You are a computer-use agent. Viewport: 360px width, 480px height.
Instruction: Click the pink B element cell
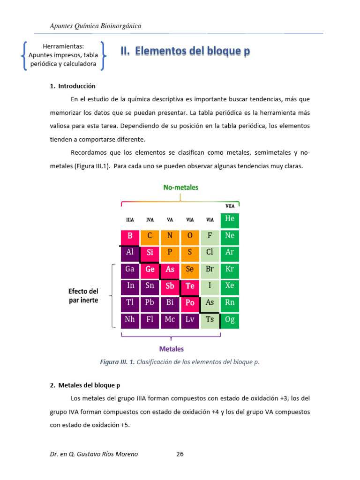click(x=130, y=236)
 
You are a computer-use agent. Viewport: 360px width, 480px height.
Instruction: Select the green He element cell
click(x=230, y=219)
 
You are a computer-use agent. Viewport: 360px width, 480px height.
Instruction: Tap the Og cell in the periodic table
click(x=230, y=320)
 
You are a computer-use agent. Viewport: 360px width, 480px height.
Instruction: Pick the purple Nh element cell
click(x=130, y=320)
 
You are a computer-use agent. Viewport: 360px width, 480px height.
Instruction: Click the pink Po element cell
click(x=190, y=303)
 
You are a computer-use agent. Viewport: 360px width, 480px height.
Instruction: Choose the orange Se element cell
click(x=190, y=270)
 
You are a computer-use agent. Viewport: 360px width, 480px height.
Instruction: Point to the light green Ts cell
click(x=210, y=320)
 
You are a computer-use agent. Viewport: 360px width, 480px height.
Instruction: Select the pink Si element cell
click(x=150, y=253)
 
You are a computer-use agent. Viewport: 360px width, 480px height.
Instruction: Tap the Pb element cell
click(x=150, y=303)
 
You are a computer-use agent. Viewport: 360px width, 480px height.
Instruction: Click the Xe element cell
click(x=230, y=286)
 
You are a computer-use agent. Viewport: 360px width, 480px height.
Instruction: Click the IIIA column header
click(x=130, y=220)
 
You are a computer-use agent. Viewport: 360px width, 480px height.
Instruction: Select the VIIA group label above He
click(x=230, y=206)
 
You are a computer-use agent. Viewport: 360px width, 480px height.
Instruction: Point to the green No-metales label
click(x=180, y=187)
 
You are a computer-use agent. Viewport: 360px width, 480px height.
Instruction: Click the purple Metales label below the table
click(x=172, y=349)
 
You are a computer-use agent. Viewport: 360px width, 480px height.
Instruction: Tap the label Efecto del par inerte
click(x=83, y=296)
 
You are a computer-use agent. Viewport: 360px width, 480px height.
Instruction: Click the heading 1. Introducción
click(x=73, y=86)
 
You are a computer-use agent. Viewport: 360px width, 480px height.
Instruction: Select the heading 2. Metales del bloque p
click(x=85, y=385)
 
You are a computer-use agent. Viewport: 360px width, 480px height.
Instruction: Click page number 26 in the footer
click(x=180, y=454)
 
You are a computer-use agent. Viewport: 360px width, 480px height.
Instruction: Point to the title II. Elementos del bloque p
click(x=186, y=52)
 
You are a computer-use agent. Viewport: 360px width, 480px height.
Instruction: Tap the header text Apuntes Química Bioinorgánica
click(x=96, y=26)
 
